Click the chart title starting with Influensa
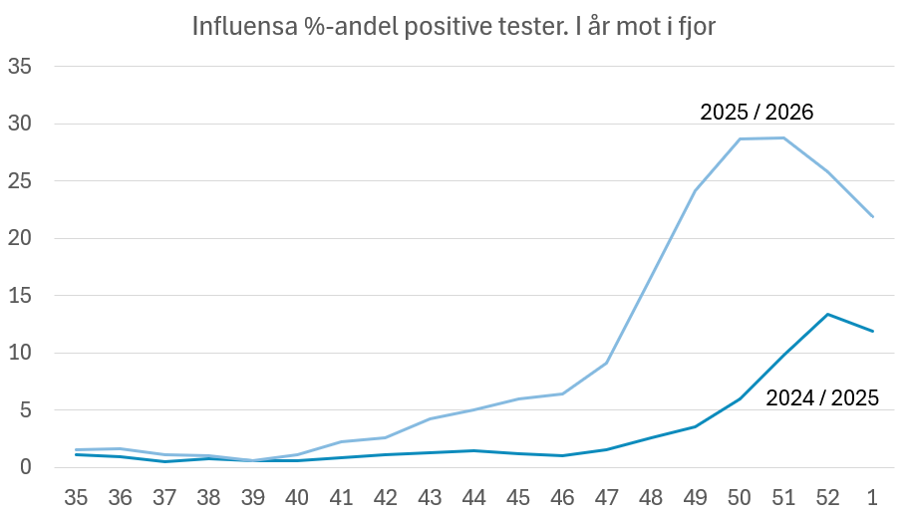(454, 27)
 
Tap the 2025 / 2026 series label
(757, 112)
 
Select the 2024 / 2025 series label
(821, 398)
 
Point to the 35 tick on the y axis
(21, 68)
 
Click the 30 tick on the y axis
(21, 125)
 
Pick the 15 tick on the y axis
(21, 296)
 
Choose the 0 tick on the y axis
(27, 467)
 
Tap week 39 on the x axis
(252, 495)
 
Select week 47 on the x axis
(606, 495)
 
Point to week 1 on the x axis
(873, 495)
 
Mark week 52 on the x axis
(828, 495)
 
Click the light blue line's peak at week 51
(783, 137)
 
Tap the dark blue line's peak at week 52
(828, 314)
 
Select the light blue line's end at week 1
(873, 217)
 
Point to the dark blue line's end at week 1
(873, 331)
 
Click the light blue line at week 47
(606, 363)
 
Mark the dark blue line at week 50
(740, 398)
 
